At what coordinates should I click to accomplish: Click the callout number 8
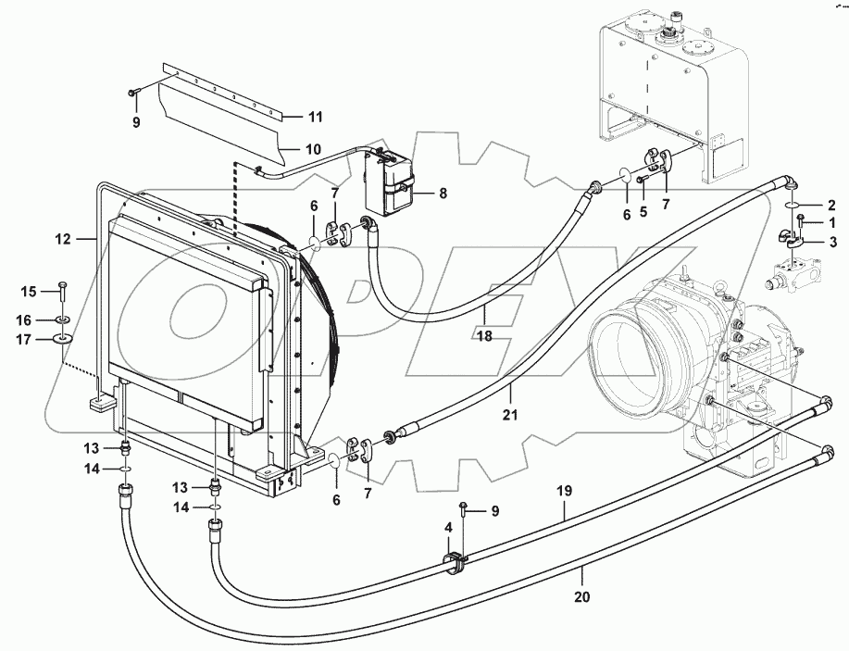pos(443,194)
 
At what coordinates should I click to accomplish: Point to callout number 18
pos(484,336)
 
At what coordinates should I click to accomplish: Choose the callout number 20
pos(581,598)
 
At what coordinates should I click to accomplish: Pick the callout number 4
pos(448,528)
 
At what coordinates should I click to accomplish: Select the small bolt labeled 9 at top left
pos(135,92)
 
